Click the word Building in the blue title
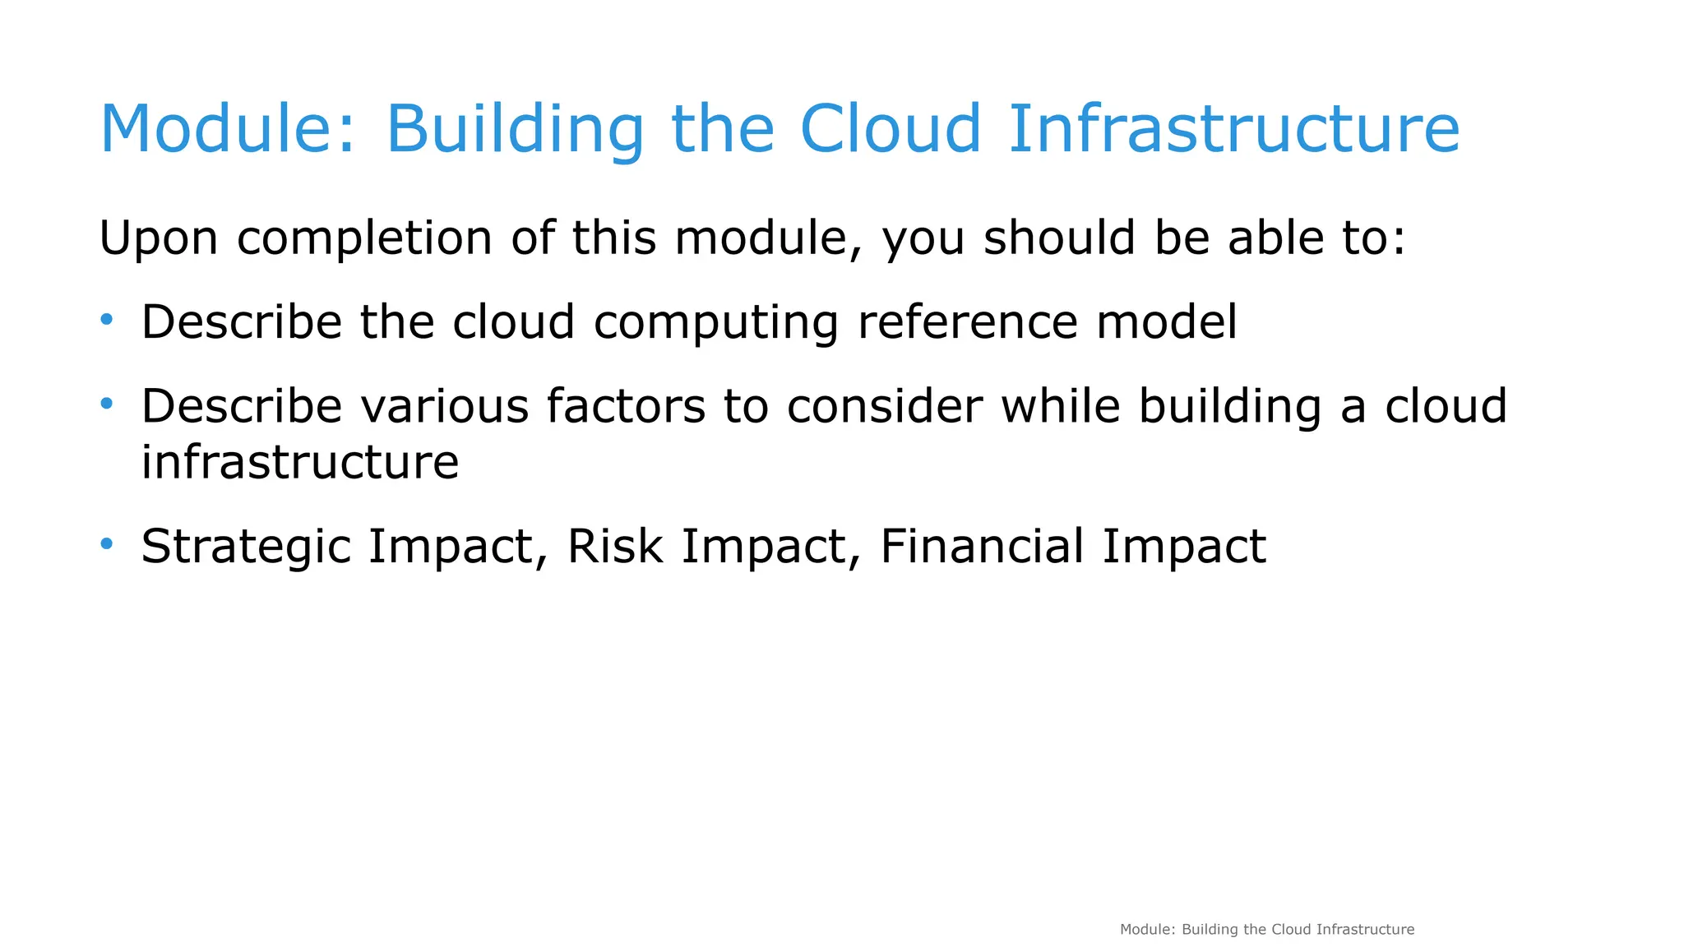point(515,129)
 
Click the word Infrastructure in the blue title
point(1233,129)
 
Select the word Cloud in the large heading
point(891,129)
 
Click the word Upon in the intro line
point(159,238)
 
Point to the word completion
point(364,238)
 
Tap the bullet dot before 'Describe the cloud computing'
point(106,319)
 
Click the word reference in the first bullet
point(967,321)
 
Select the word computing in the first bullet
point(716,323)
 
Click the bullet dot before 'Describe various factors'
point(106,403)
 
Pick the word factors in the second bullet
point(626,406)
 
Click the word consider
point(884,406)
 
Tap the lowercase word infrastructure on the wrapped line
point(300,462)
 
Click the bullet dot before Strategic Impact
point(106,543)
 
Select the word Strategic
point(246,547)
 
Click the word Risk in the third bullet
point(615,546)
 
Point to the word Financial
point(982,546)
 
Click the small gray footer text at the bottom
point(1266,930)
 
